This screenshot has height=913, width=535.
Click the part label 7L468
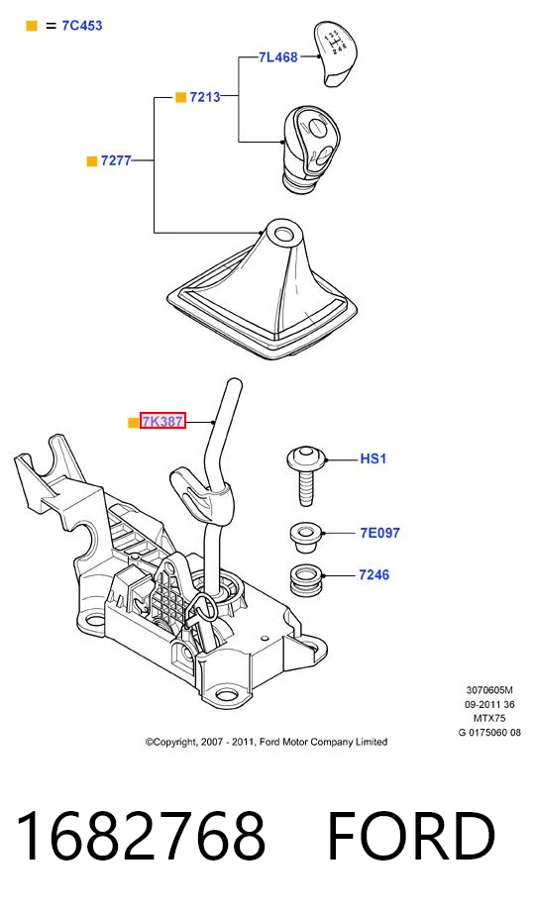(x=278, y=57)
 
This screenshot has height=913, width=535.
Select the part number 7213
(x=205, y=97)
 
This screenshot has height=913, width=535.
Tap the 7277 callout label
(x=116, y=160)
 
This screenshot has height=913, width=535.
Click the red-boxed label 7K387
(x=162, y=421)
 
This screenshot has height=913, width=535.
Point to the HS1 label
(x=373, y=458)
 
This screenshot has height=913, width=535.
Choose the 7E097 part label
(x=380, y=533)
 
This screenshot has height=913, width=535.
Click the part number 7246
(x=374, y=574)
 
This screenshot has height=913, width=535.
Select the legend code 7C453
(x=82, y=26)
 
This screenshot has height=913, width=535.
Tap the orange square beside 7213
(x=180, y=97)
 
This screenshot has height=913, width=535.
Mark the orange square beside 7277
(x=91, y=161)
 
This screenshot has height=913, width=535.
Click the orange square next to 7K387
(x=133, y=422)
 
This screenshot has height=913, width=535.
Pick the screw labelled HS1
(x=305, y=475)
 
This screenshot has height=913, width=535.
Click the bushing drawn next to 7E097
(x=306, y=538)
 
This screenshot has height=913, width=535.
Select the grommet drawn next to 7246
(x=306, y=578)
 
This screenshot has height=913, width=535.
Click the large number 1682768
(x=141, y=836)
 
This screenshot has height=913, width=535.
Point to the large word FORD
(x=411, y=836)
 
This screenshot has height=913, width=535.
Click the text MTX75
(x=489, y=719)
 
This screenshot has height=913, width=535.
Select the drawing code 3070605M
(x=489, y=690)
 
